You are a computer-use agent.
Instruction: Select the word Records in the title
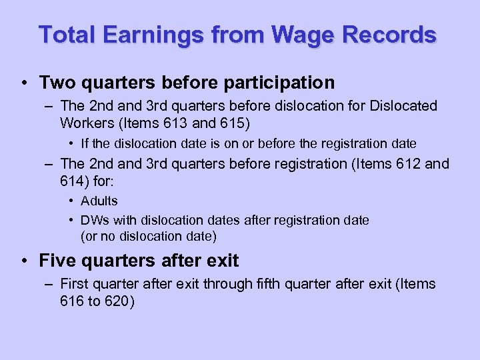pyautogui.click(x=395, y=34)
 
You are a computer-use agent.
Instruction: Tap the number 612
pyautogui.click(x=403, y=164)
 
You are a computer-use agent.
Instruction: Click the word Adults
pyautogui.click(x=99, y=201)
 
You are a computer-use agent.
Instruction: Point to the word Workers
pyautogui.click(x=83, y=123)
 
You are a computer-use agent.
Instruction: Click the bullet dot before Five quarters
pyautogui.click(x=25, y=261)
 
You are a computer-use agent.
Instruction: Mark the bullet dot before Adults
pyautogui.click(x=71, y=201)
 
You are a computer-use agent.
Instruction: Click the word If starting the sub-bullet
pyautogui.click(x=85, y=143)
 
